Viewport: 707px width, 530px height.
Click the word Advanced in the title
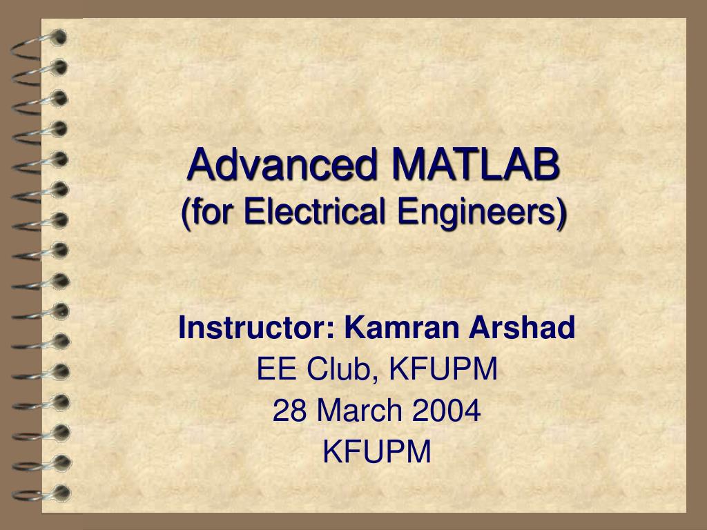283,166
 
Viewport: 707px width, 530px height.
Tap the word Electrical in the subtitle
297,211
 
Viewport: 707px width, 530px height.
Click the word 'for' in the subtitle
206,211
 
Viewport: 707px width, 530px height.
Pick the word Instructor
252,328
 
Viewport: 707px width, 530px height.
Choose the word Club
338,370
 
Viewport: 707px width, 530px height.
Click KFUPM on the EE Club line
443,370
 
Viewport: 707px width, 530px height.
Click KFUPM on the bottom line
377,453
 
